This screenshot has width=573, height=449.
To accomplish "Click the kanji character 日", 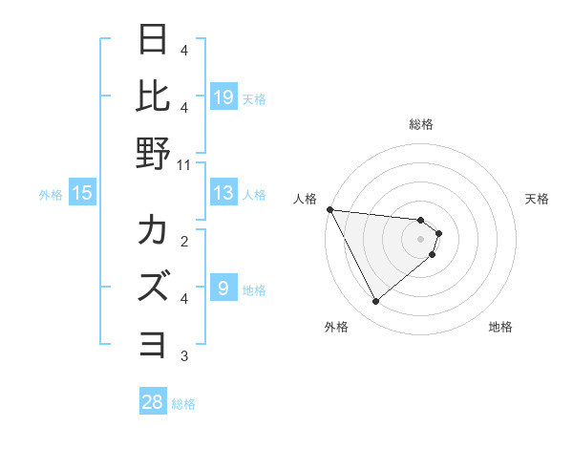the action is pos(154,41).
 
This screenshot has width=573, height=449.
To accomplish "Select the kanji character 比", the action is pos(154,96).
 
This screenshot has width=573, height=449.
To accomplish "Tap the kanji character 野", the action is pos(154,153).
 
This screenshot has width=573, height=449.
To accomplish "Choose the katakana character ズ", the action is pos(154,287).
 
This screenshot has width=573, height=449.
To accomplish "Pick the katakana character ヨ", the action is pos(154,343).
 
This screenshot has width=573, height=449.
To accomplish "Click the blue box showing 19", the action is pos(223,97).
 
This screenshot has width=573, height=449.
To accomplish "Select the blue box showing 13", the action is pos(223,194).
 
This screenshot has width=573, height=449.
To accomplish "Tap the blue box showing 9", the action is pos(223,289).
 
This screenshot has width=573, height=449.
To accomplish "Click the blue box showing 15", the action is pos(82,194).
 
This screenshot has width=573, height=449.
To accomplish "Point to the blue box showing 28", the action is pos(153,402).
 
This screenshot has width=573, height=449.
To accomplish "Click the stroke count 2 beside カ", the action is pos(184,242).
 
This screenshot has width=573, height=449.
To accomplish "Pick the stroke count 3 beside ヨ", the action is pos(184,356).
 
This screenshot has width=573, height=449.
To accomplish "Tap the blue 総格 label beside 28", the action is pos(183,404).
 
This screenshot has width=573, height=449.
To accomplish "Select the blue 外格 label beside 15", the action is pos(51,195).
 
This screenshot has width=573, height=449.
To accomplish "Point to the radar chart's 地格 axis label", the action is pos(500,327).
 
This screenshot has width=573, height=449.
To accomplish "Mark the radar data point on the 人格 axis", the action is pos(329,209).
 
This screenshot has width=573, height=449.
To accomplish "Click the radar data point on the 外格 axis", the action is pos(375,302).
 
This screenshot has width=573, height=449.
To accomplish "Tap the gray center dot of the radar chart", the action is pos(421,239).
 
